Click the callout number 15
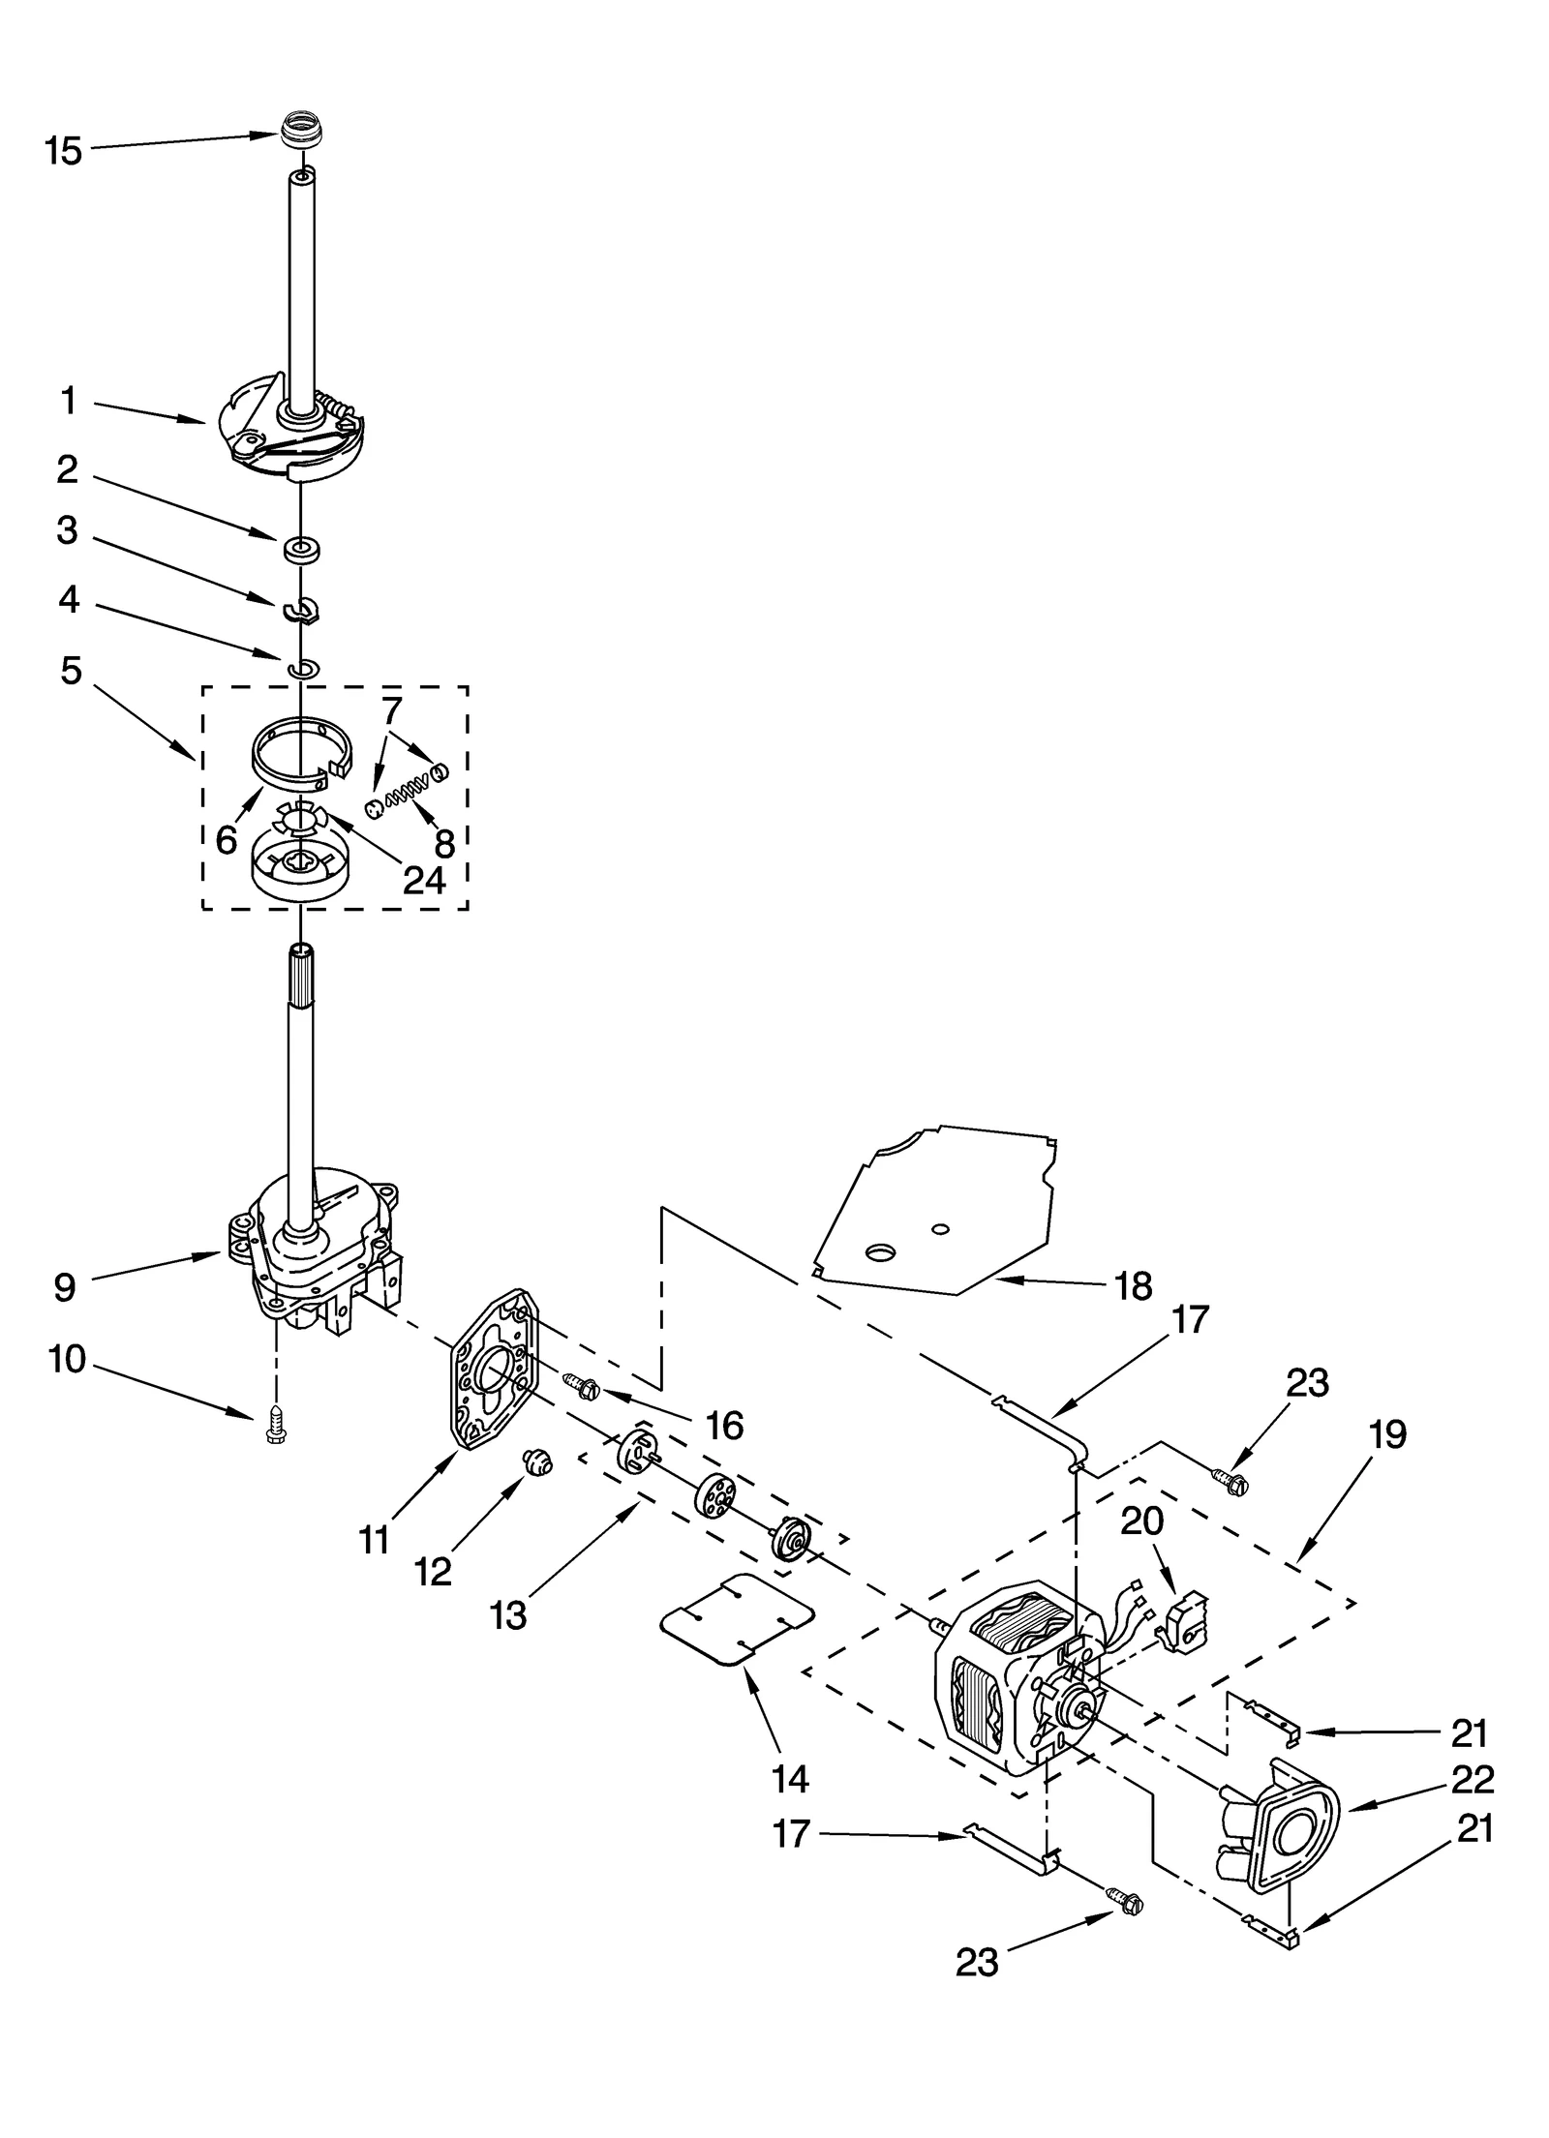(64, 151)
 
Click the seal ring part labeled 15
(300, 131)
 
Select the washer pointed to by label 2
(301, 550)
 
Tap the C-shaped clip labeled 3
(302, 611)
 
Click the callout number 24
(424, 879)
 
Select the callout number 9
(64, 1287)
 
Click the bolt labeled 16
(581, 1387)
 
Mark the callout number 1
(68, 401)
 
